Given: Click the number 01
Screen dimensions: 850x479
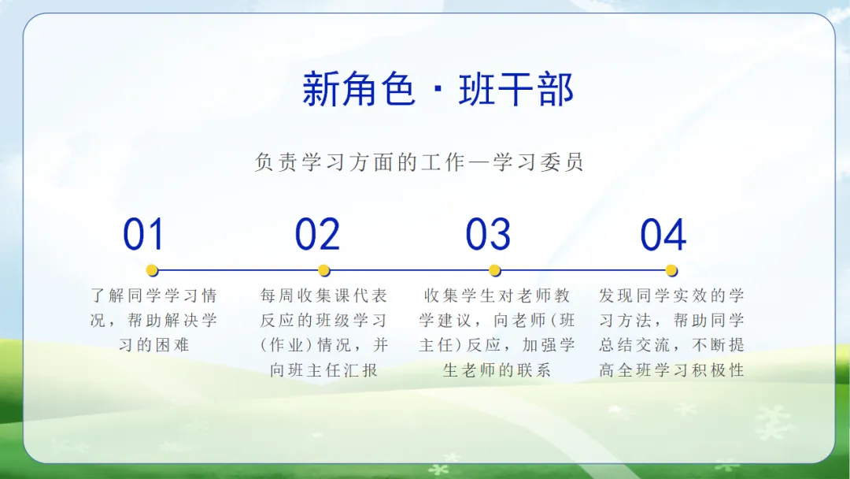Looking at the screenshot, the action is pos(143,234).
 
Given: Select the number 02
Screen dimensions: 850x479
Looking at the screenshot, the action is pos(317,234).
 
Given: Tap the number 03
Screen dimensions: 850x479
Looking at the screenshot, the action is pos(488,234).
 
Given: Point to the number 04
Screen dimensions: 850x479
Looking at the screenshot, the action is pos(663,234).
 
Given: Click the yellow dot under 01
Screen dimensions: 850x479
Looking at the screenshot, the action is pos(153,270).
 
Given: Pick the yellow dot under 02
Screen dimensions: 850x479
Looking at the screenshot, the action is pos(324,270).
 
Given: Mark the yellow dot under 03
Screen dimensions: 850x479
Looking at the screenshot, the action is pos(494,270).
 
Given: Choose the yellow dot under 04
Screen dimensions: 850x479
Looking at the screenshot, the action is pos(671,270).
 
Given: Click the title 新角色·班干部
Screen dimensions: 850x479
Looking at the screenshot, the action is pos(438,88).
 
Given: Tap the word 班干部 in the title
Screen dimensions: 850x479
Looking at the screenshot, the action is pos(516,88).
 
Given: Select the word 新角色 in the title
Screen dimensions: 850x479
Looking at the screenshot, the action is pos(359,88).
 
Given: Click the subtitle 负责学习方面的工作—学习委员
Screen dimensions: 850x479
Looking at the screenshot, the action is pos(419,162).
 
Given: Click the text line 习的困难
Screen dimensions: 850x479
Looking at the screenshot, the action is pos(154,345).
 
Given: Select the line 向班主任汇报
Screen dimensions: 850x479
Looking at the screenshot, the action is pos(324,370).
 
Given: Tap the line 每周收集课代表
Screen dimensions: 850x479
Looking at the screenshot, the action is pos(323,295).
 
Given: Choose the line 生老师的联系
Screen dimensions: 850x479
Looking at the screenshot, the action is pos(497,370).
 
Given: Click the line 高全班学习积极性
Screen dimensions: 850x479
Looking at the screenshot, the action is pos(671,370).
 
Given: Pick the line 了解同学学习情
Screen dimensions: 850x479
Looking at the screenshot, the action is pos(154,295).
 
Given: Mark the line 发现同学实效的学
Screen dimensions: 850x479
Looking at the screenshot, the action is pos(671,295).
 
